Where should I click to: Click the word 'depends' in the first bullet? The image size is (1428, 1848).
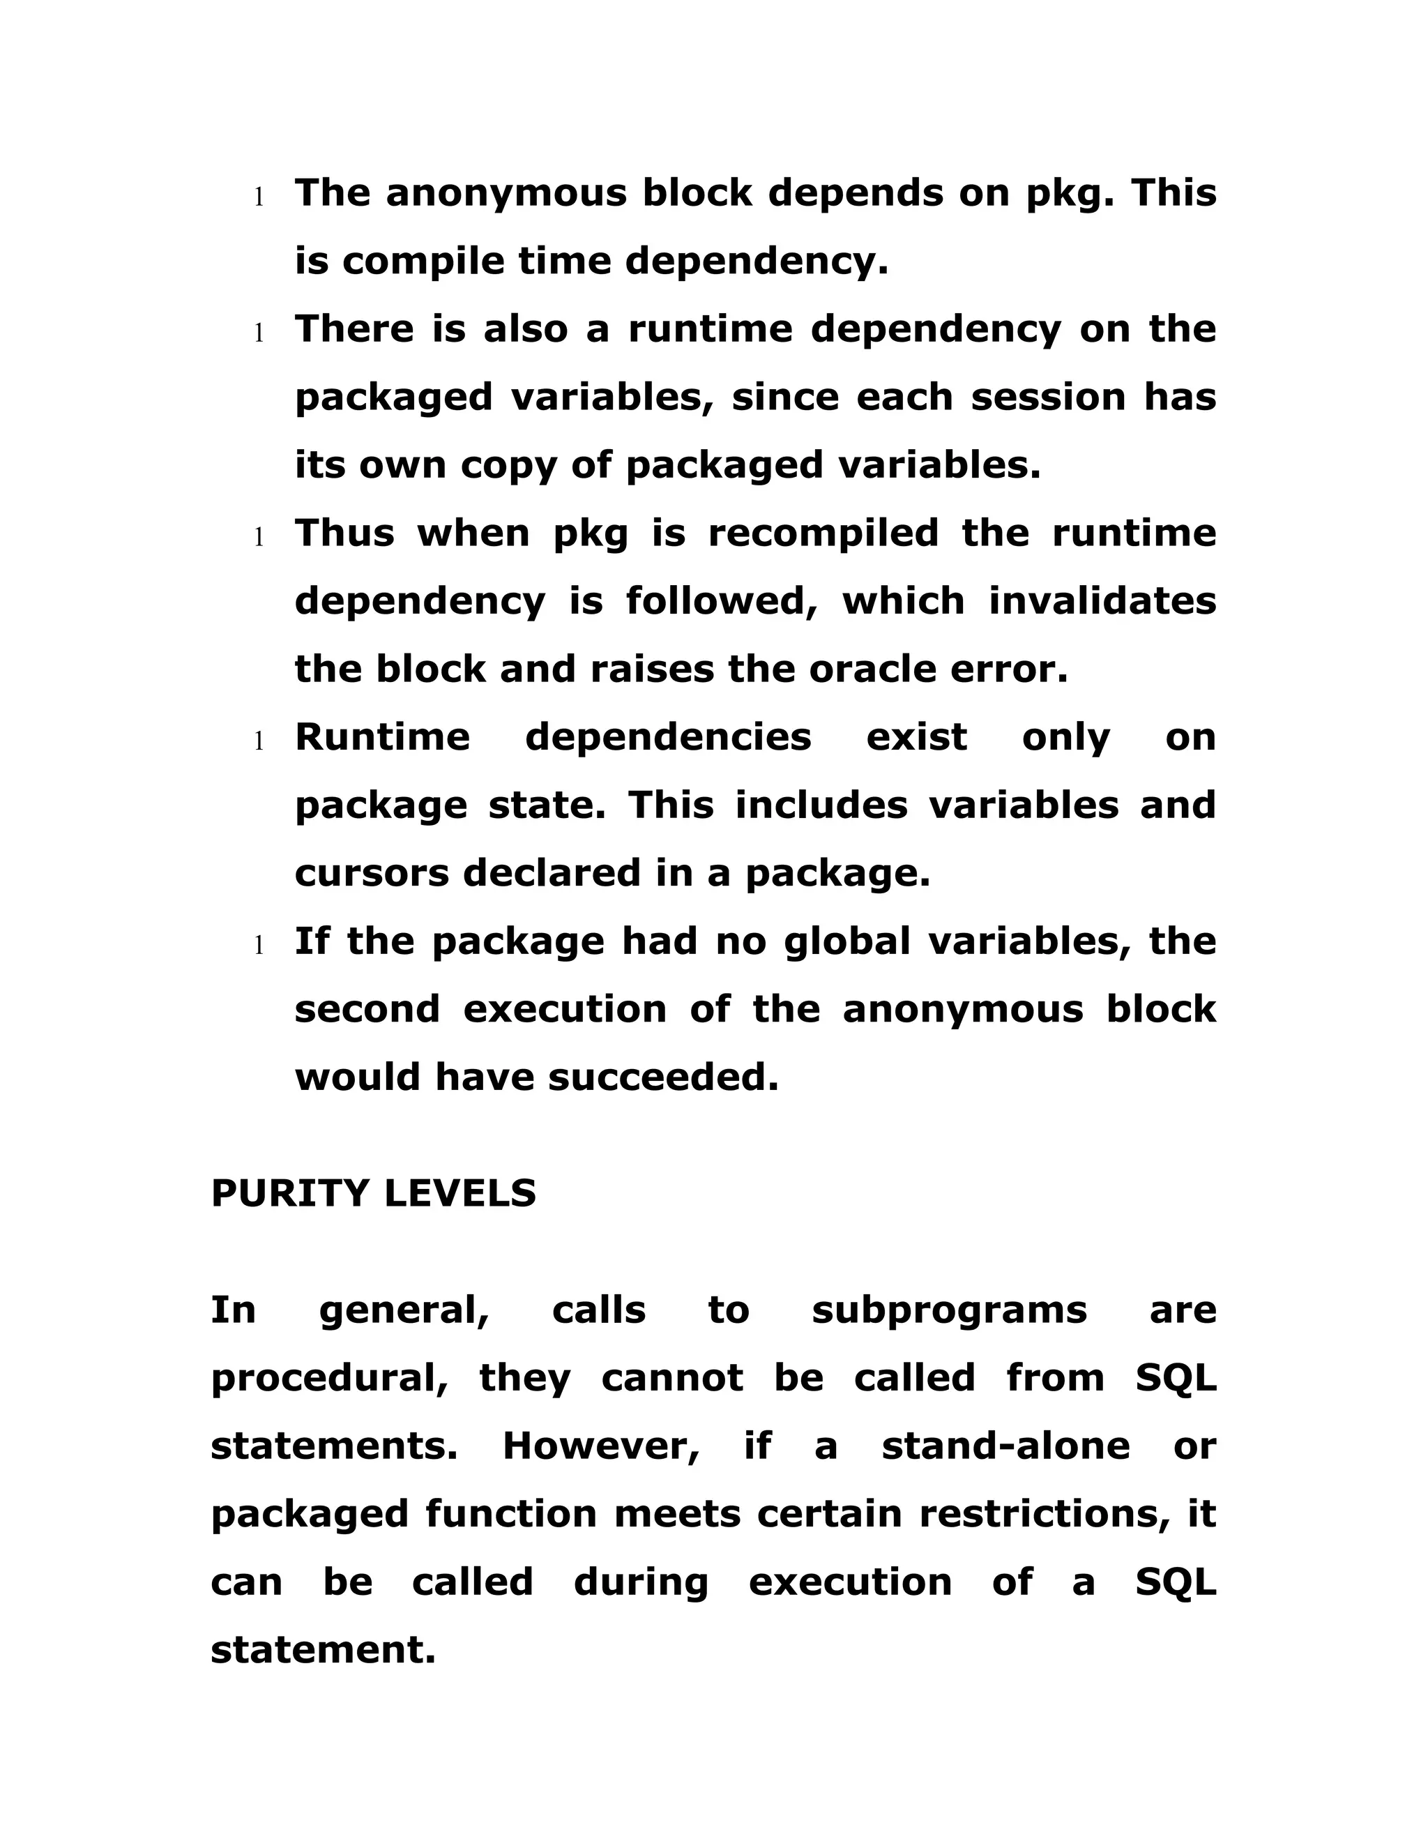[x=854, y=194]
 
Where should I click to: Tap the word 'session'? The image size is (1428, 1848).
[x=1048, y=397]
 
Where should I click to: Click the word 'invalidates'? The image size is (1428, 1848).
[x=1102, y=602]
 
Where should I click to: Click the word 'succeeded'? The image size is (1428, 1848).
[x=662, y=1078]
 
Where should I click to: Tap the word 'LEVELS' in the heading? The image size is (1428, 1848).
[x=459, y=1194]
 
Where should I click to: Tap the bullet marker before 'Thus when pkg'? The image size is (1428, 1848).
[x=259, y=537]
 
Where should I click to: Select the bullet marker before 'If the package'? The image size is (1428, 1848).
[x=259, y=945]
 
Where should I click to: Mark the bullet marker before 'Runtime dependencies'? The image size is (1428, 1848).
[x=259, y=741]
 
